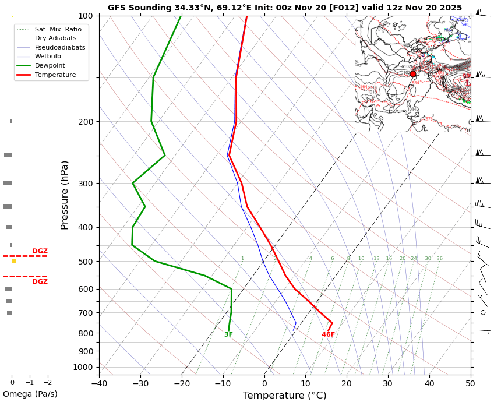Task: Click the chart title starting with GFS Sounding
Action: [x=285, y=8]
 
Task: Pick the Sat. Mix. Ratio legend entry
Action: [x=58, y=29]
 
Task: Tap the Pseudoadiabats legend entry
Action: [x=59, y=47]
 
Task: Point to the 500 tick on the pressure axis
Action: [x=86, y=262]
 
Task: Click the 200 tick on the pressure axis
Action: [x=86, y=122]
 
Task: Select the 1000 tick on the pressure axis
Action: [x=84, y=367]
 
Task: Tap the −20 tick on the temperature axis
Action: [x=182, y=383]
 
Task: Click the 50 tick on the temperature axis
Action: [x=470, y=383]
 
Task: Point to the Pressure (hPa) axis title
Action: [x=65, y=195]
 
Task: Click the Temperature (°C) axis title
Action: [x=285, y=396]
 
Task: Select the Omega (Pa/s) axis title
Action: [x=30, y=394]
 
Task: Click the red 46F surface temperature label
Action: [x=329, y=334]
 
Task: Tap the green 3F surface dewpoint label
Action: [x=228, y=334]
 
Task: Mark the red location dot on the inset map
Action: [x=413, y=74]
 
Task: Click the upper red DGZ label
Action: [x=40, y=251]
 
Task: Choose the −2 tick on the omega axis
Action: [x=47, y=383]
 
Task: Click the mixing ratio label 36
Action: [x=439, y=259]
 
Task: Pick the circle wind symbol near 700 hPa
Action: [x=483, y=312]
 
